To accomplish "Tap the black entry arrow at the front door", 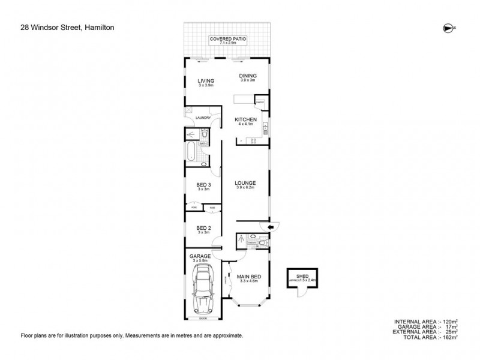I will pos(269,227).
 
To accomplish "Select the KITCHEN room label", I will pos(245,121).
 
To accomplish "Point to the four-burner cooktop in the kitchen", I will pos(253,142).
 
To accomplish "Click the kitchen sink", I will pos(265,127).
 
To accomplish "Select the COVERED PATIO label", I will pos(227,38).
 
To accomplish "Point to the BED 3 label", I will pos(203,185).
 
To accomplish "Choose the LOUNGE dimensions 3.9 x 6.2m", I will pos(245,188).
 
